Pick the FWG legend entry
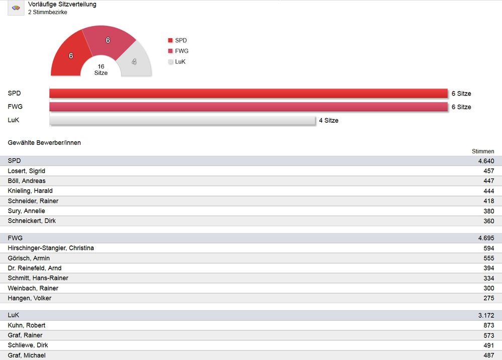[x=178, y=51]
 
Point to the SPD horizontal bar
[x=248, y=94]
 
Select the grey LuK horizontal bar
[x=182, y=120]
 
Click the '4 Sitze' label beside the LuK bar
[x=329, y=121]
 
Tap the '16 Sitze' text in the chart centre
[x=101, y=69]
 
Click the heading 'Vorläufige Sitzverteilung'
[x=62, y=4]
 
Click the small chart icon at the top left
[x=16, y=8]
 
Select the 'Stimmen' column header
[x=483, y=151]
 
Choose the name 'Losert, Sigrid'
[x=27, y=171]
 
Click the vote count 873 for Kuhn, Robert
[x=488, y=325]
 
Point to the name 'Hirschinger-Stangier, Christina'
[x=51, y=248]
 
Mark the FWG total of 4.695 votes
[x=486, y=238]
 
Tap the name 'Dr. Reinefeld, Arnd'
[x=35, y=268]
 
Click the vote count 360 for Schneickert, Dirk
[x=488, y=221]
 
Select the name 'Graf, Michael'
[x=27, y=355]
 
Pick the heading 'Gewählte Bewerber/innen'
[x=44, y=143]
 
